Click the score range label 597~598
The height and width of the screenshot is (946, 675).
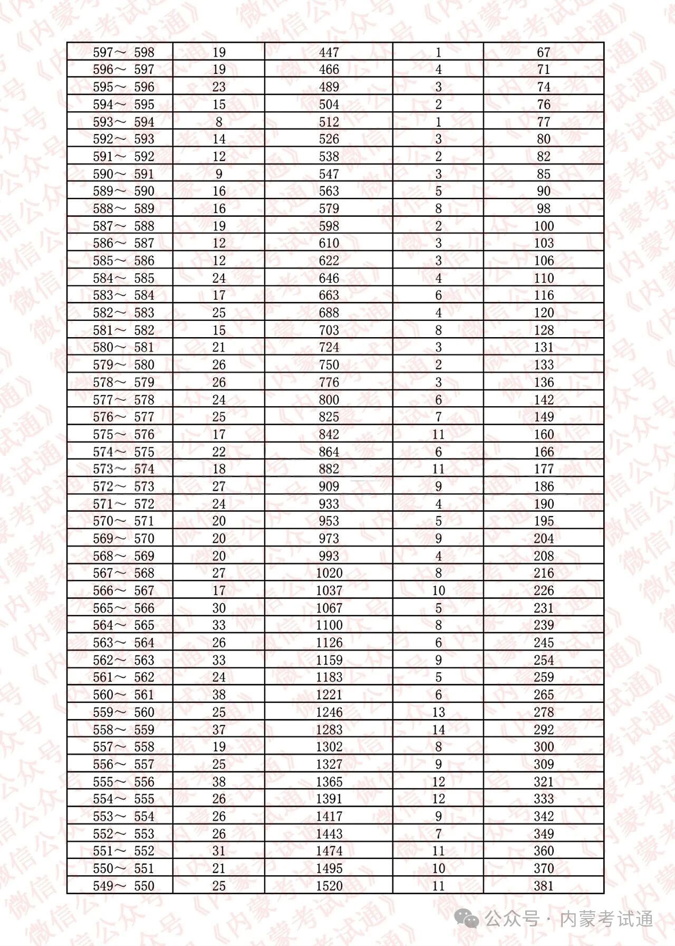click(x=123, y=52)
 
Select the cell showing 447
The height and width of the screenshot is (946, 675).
click(x=329, y=52)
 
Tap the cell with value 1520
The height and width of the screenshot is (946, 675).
click(x=329, y=886)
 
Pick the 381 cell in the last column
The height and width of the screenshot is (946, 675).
click(x=544, y=886)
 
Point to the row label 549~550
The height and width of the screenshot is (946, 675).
click(x=123, y=886)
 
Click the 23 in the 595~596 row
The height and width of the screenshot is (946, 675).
click(x=219, y=87)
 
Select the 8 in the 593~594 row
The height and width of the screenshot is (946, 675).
click(x=219, y=122)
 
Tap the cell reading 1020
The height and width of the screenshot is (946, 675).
click(x=329, y=573)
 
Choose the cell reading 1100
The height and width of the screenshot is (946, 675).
click(x=329, y=625)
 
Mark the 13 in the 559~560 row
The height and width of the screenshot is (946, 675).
click(x=438, y=712)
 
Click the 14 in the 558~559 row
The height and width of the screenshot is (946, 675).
click(x=438, y=730)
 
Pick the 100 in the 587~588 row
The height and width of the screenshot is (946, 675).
click(x=544, y=226)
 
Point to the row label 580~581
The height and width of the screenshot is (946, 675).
click(x=123, y=347)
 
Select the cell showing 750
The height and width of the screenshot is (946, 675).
click(x=329, y=365)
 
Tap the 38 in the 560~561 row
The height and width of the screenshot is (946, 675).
click(x=219, y=695)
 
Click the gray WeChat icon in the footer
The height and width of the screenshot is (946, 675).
click(x=467, y=919)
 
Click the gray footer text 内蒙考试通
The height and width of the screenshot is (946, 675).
click(x=606, y=919)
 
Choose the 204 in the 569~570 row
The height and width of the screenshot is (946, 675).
click(x=544, y=538)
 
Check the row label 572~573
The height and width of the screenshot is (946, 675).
click(x=123, y=486)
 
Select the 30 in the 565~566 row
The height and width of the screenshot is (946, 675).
click(x=219, y=608)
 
